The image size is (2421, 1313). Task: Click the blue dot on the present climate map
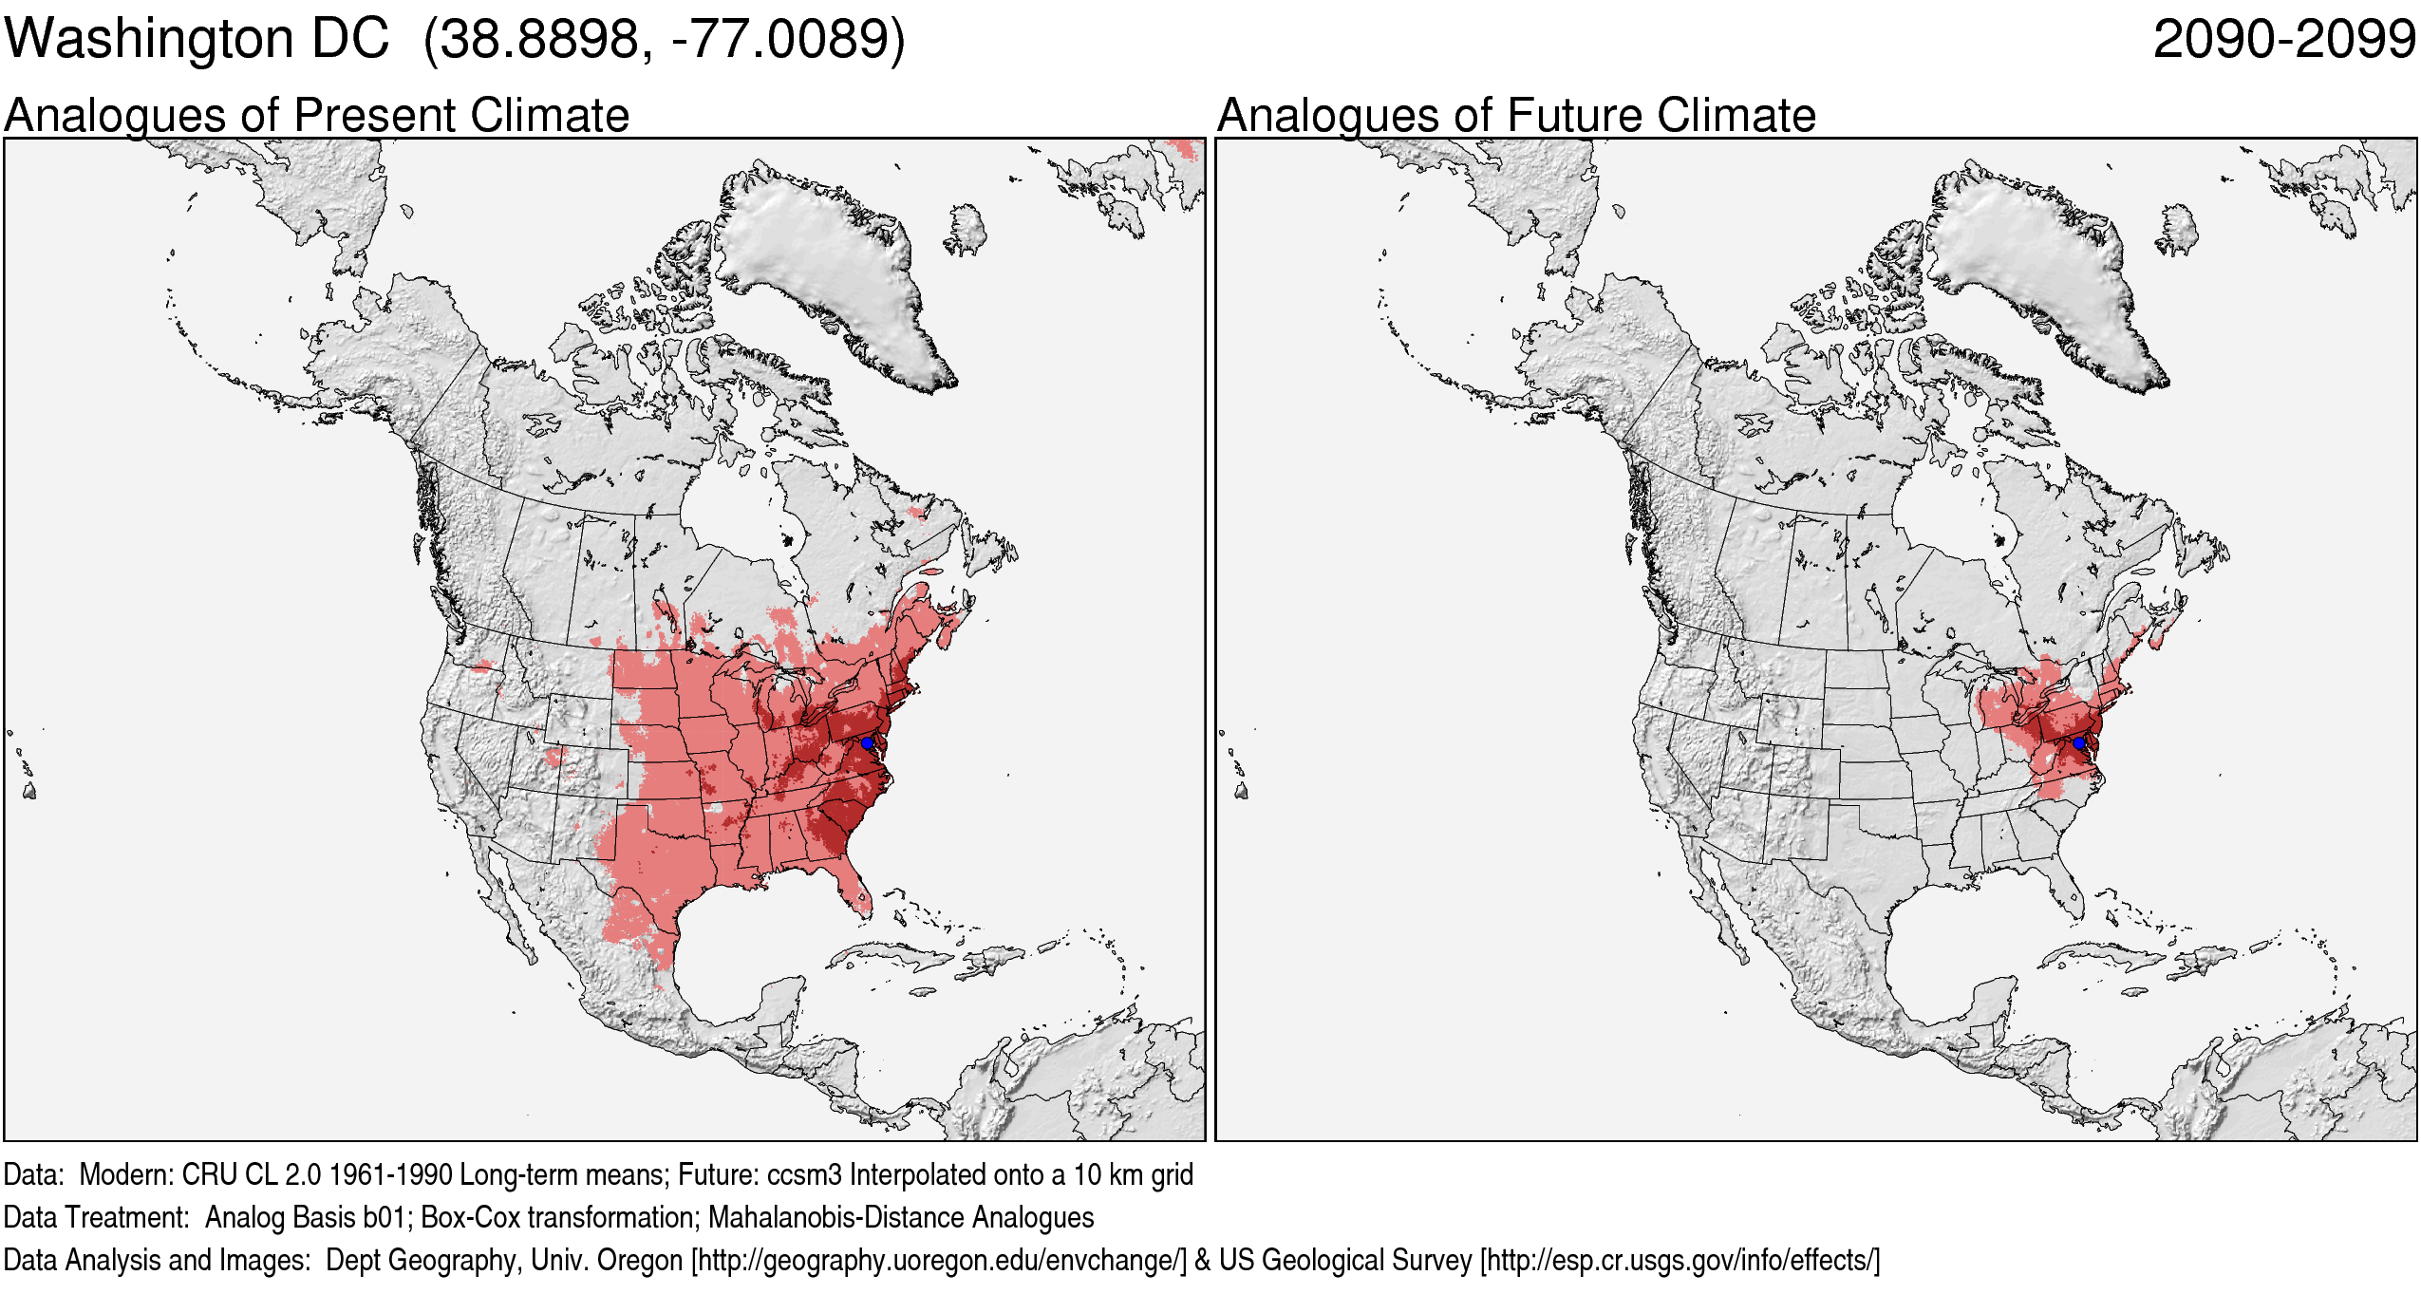point(867,742)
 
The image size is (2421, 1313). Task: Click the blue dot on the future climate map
point(2078,742)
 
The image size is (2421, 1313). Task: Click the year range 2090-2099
point(2283,40)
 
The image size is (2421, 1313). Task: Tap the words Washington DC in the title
point(197,40)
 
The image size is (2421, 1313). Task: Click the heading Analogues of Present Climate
point(316,116)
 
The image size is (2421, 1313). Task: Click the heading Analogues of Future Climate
point(1516,116)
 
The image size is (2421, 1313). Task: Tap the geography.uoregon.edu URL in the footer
point(939,1261)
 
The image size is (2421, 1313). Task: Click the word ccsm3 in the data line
point(803,1175)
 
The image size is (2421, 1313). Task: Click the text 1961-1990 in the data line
point(390,1175)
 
